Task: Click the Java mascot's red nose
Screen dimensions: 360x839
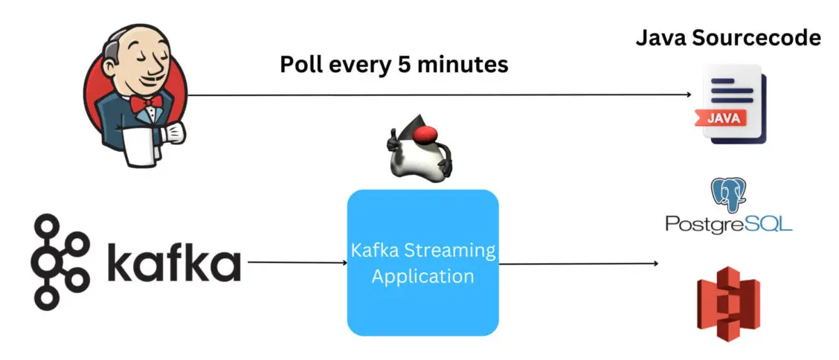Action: point(425,134)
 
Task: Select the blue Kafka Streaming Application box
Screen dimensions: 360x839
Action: point(422,261)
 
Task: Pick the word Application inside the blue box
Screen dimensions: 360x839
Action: point(422,276)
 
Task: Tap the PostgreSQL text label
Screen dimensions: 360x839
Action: point(728,223)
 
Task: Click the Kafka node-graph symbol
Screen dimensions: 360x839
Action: point(60,262)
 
